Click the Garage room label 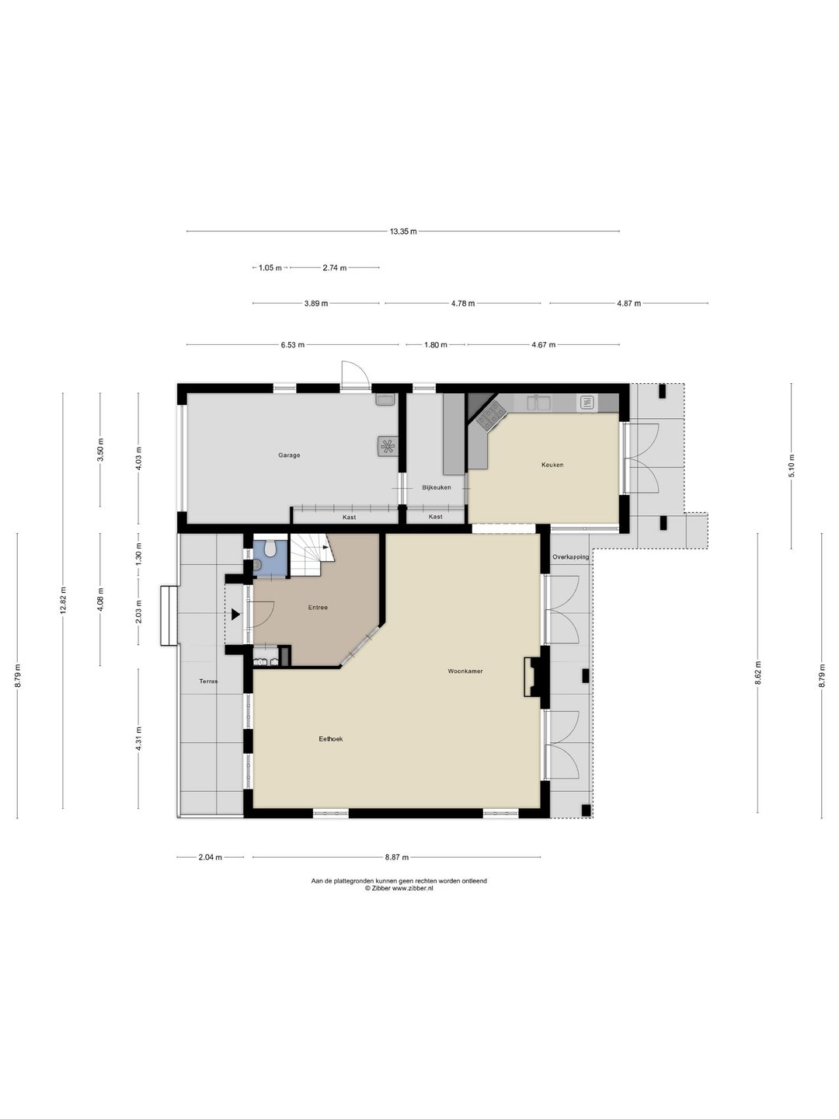point(289,455)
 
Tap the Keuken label point(552,465)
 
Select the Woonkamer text point(465,671)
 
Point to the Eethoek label point(331,739)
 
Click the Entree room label point(318,607)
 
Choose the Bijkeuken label point(437,487)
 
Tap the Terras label point(208,681)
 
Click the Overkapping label point(570,557)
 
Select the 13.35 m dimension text point(403,232)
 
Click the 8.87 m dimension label point(397,857)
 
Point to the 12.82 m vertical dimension point(63,601)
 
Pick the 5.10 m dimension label point(792,465)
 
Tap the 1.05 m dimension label point(270,267)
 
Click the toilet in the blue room point(270,549)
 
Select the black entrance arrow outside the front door point(235,615)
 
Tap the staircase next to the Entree point(311,555)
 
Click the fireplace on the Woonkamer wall point(533,677)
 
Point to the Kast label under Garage point(349,518)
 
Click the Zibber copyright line point(399,888)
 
